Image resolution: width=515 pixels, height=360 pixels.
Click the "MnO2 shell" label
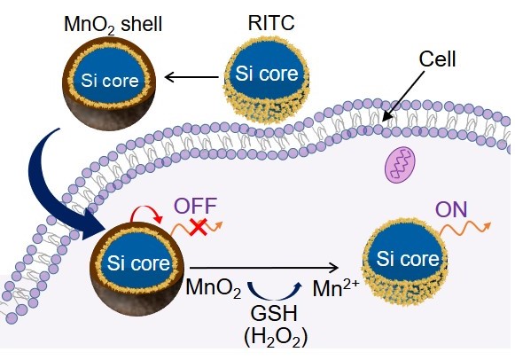(113, 25)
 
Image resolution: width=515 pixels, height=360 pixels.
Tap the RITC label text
(271, 23)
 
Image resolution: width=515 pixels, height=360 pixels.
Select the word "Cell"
(437, 59)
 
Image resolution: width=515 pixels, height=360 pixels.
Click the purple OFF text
(195, 206)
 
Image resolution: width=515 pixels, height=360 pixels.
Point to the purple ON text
(451, 209)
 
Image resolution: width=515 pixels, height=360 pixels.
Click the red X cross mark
(199, 227)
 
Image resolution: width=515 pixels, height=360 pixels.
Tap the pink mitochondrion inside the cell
(400, 165)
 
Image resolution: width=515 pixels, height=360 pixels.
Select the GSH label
(274, 313)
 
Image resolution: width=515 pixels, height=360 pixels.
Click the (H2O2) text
(276, 338)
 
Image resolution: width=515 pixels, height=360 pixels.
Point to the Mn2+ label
(336, 287)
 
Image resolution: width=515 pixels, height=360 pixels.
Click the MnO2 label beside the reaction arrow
(214, 288)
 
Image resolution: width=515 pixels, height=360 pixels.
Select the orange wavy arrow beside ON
(464, 228)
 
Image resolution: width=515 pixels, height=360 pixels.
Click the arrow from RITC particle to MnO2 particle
(191, 77)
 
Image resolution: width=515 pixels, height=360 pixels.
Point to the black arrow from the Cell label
(403, 97)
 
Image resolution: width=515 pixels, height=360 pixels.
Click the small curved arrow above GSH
(274, 292)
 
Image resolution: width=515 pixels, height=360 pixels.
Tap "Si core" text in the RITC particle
(267, 74)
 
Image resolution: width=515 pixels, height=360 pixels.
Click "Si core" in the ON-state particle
(408, 259)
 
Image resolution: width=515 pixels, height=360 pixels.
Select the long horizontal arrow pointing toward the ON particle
(264, 268)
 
